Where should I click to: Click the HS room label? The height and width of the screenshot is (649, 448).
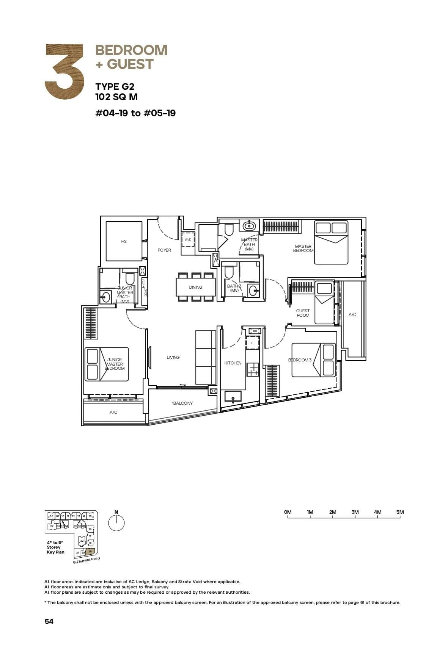coord(124,241)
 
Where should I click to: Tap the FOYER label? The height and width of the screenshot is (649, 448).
coord(164,250)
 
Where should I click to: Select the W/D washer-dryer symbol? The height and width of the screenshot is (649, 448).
coord(188,239)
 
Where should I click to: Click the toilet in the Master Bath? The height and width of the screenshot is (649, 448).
coord(229,230)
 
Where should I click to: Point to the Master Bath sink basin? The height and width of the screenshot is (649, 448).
coord(249,226)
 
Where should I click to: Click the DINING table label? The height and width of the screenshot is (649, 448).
coord(195,287)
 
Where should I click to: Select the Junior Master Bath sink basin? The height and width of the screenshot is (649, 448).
coord(105,297)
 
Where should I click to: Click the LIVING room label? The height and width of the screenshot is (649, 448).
coord(173,357)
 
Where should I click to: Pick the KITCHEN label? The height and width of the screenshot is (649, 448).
coord(233,363)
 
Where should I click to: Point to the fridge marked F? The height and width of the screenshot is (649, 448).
coord(252,343)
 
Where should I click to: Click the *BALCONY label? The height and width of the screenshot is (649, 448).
coord(182,403)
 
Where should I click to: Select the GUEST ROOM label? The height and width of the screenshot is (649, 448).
coord(303,313)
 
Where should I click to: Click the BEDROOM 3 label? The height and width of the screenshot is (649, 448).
coord(300,360)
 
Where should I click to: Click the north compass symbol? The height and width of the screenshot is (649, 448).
coord(116,523)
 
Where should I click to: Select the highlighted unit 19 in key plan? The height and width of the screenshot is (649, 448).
coord(90,552)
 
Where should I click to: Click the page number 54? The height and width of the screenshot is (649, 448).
coord(49,621)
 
